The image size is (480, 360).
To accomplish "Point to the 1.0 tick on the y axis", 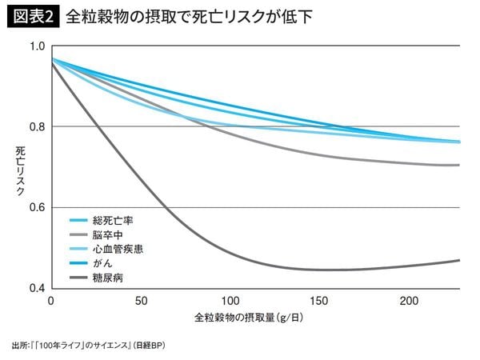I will (36, 46).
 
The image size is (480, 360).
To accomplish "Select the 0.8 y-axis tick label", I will (36, 126).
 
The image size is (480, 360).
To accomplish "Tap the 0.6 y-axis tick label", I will (36, 207).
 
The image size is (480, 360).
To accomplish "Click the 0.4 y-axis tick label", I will (36, 288).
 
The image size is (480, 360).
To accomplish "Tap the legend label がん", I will (101, 263).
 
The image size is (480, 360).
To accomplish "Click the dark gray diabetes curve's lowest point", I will (328, 270).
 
